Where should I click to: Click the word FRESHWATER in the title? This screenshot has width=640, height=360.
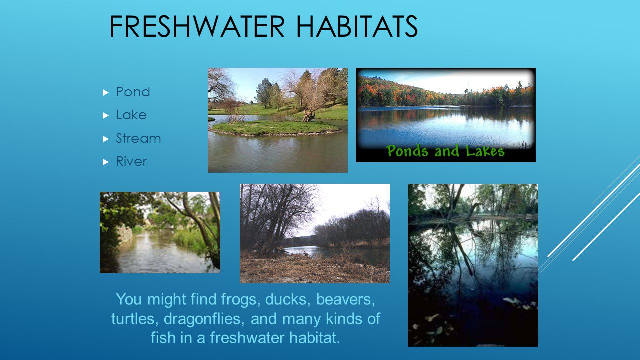pos(197,26)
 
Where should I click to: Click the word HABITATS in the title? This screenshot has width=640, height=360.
pos(357,26)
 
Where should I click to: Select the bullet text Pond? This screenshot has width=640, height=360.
pos(133,92)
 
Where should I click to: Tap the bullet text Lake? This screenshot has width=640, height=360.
pos(131,115)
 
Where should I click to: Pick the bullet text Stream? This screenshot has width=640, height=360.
pos(138,138)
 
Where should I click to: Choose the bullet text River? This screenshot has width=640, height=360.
pos(131,161)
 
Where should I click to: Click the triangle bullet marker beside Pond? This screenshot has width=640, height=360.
pos(106,92)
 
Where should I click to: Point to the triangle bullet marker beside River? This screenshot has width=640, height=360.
pos(106,162)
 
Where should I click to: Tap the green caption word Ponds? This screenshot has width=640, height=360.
pos(407,151)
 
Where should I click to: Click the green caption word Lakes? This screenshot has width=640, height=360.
pos(485,150)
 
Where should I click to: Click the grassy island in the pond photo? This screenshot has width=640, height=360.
pos(275,127)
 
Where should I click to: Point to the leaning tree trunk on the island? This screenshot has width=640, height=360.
pos(309,113)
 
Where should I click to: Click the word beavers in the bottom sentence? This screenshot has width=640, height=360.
pos(345,299)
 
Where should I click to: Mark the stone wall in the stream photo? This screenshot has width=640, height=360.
pos(125,235)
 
